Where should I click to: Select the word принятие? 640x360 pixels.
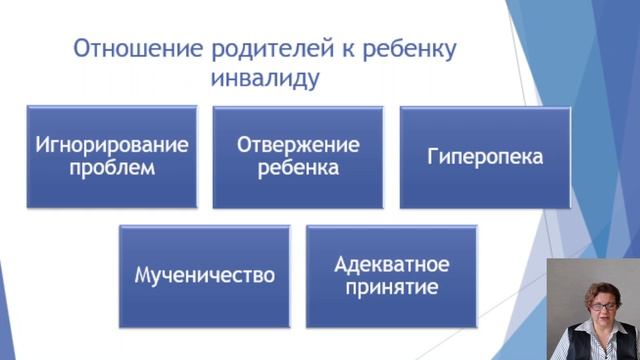coord(391,288)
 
